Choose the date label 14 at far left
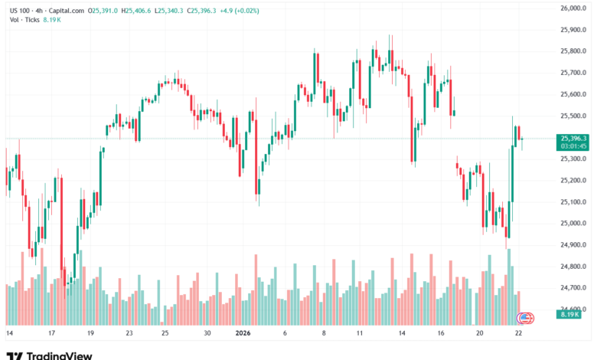[9, 334]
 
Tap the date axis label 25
[165, 334]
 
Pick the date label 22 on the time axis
[519, 334]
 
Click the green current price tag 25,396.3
[573, 138]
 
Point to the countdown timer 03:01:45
[573, 146]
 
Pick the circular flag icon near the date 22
[527, 316]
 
